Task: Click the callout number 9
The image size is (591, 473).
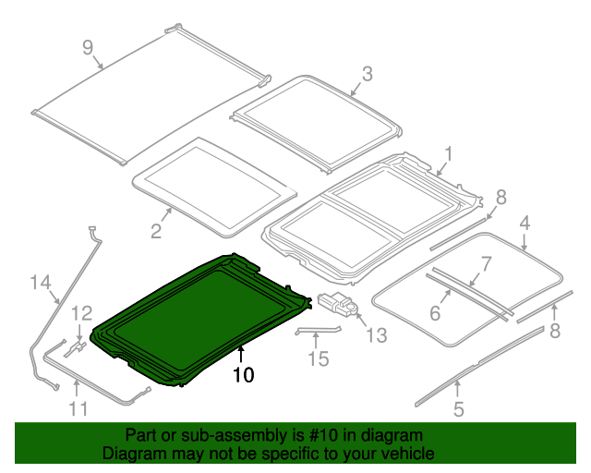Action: pos(88,47)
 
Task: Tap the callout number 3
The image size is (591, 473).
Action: pos(367,74)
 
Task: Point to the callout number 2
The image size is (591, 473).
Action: pos(156,231)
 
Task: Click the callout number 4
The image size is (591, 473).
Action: pos(525,223)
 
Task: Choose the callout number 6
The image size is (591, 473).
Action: pos(434,313)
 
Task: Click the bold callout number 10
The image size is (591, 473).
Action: pos(242,375)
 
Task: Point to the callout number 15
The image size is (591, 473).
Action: pos(317,358)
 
